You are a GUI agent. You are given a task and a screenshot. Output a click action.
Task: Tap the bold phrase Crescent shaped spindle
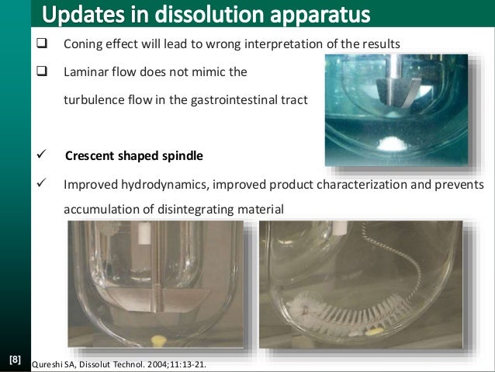click(x=133, y=156)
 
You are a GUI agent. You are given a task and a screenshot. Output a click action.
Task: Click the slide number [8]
click(x=15, y=360)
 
